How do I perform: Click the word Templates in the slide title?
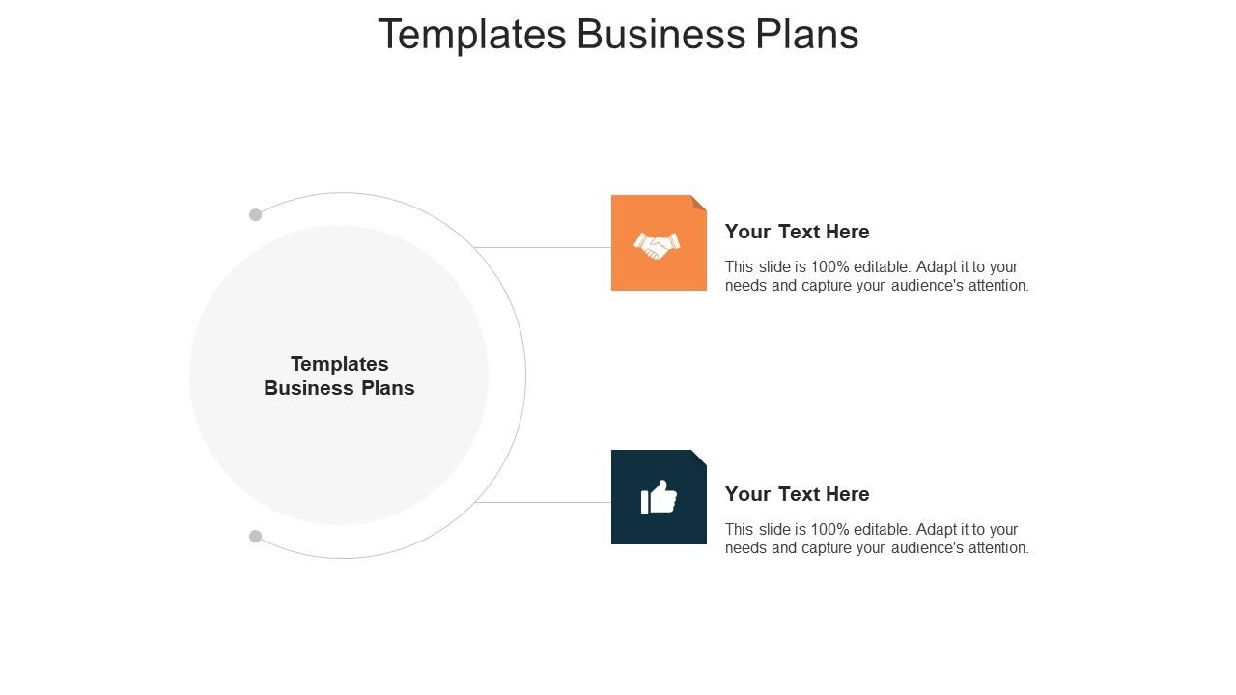(472, 34)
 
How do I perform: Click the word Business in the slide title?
(661, 34)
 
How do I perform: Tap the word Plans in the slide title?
(806, 34)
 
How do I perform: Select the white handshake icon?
(657, 245)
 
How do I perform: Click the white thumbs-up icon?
(659, 497)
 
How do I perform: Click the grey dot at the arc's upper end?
(255, 214)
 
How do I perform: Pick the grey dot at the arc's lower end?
(255, 536)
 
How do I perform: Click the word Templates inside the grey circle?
(339, 364)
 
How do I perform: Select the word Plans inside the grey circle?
(388, 388)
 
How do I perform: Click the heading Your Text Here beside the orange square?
(797, 232)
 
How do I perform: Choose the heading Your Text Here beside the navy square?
(797, 494)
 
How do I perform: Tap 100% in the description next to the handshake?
(829, 267)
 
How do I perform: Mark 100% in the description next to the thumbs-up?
(829, 530)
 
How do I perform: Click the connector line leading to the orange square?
(543, 248)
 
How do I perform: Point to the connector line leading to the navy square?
(543, 503)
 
